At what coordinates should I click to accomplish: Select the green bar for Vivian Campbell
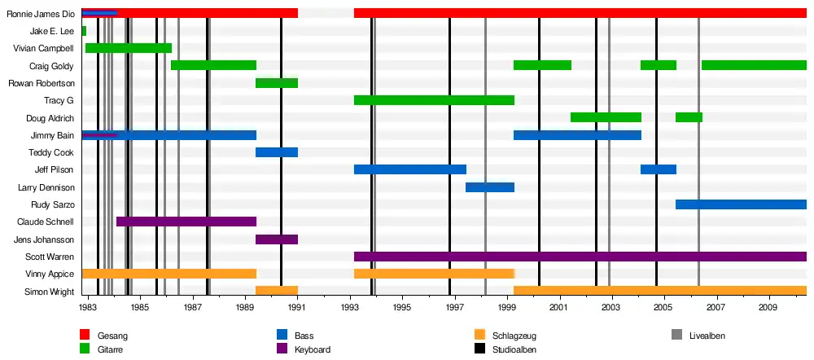[x=128, y=48]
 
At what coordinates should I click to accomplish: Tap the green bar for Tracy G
[x=434, y=100]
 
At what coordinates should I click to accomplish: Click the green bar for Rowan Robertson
[x=277, y=83]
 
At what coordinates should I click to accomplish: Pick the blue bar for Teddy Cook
[x=277, y=152]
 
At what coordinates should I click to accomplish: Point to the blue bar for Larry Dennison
[x=490, y=187]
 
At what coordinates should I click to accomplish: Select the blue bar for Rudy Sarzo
[x=741, y=204]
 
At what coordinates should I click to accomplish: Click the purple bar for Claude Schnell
[x=186, y=222]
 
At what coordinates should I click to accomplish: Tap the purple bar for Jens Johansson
[x=277, y=239]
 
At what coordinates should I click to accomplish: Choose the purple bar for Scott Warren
[x=580, y=257]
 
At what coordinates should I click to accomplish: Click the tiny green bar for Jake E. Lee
[x=84, y=31]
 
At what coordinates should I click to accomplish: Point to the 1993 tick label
[x=350, y=308]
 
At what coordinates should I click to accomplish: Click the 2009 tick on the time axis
[x=768, y=308]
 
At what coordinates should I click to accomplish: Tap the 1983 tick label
[x=88, y=308]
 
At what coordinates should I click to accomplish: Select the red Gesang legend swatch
[x=85, y=335]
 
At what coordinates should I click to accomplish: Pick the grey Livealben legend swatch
[x=677, y=335]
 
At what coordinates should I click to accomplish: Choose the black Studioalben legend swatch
[x=479, y=349]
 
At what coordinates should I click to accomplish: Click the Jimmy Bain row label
[x=52, y=135]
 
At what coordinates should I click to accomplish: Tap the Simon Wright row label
[x=50, y=292]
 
